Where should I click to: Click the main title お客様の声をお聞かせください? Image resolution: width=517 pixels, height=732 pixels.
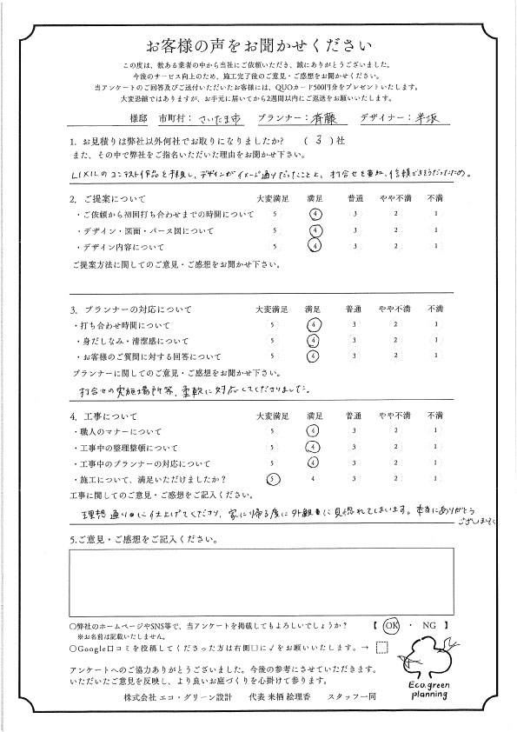coord(258,45)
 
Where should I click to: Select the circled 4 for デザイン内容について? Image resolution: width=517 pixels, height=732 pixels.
coord(315,246)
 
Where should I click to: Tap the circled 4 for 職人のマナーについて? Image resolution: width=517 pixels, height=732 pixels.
coord(315,430)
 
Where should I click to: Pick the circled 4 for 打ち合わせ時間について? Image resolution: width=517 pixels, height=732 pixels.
coord(315,323)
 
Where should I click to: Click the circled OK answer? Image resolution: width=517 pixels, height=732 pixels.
coord(391,624)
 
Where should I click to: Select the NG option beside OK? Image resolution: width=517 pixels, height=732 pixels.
coord(427,624)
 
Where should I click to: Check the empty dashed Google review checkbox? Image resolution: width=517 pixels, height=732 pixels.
coord(382,646)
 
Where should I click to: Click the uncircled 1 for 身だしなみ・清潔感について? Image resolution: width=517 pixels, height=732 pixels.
coord(434,340)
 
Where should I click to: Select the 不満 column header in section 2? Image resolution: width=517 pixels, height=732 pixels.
coord(434,199)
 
